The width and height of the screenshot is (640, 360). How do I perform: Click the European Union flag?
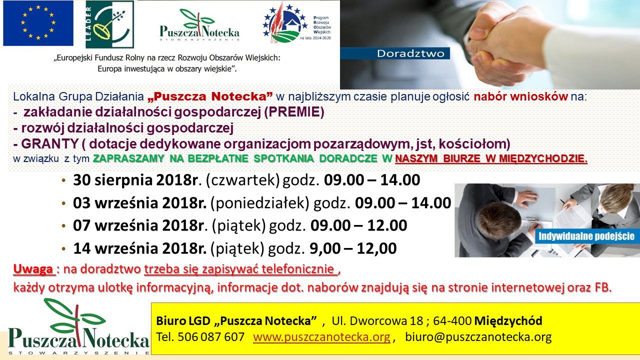click(38, 23)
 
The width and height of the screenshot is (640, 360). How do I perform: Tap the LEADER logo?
click(109, 24)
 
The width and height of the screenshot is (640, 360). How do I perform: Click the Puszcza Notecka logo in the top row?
click(199, 25)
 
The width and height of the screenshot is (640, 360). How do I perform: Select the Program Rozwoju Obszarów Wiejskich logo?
click(297, 23)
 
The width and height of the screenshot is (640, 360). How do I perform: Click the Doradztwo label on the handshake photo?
click(410, 53)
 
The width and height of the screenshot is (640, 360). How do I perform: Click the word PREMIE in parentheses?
click(294, 112)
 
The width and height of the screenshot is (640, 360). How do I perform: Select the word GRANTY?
click(49, 143)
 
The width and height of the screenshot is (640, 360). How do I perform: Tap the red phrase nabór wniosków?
click(520, 96)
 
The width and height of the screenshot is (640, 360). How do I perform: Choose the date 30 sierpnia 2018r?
click(137, 180)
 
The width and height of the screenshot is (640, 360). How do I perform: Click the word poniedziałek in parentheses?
click(259, 203)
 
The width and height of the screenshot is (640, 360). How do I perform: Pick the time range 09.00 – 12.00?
click(358, 225)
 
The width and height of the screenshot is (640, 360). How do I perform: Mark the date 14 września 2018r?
click(139, 248)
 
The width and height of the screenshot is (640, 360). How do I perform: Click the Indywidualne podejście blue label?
click(586, 236)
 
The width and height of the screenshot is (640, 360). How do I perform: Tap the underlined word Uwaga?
click(33, 269)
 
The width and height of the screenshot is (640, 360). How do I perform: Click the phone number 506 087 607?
click(211, 337)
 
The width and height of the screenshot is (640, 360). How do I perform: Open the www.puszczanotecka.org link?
click(321, 337)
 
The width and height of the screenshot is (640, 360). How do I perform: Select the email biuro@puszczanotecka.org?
click(478, 337)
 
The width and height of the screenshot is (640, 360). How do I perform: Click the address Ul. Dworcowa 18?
click(377, 321)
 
